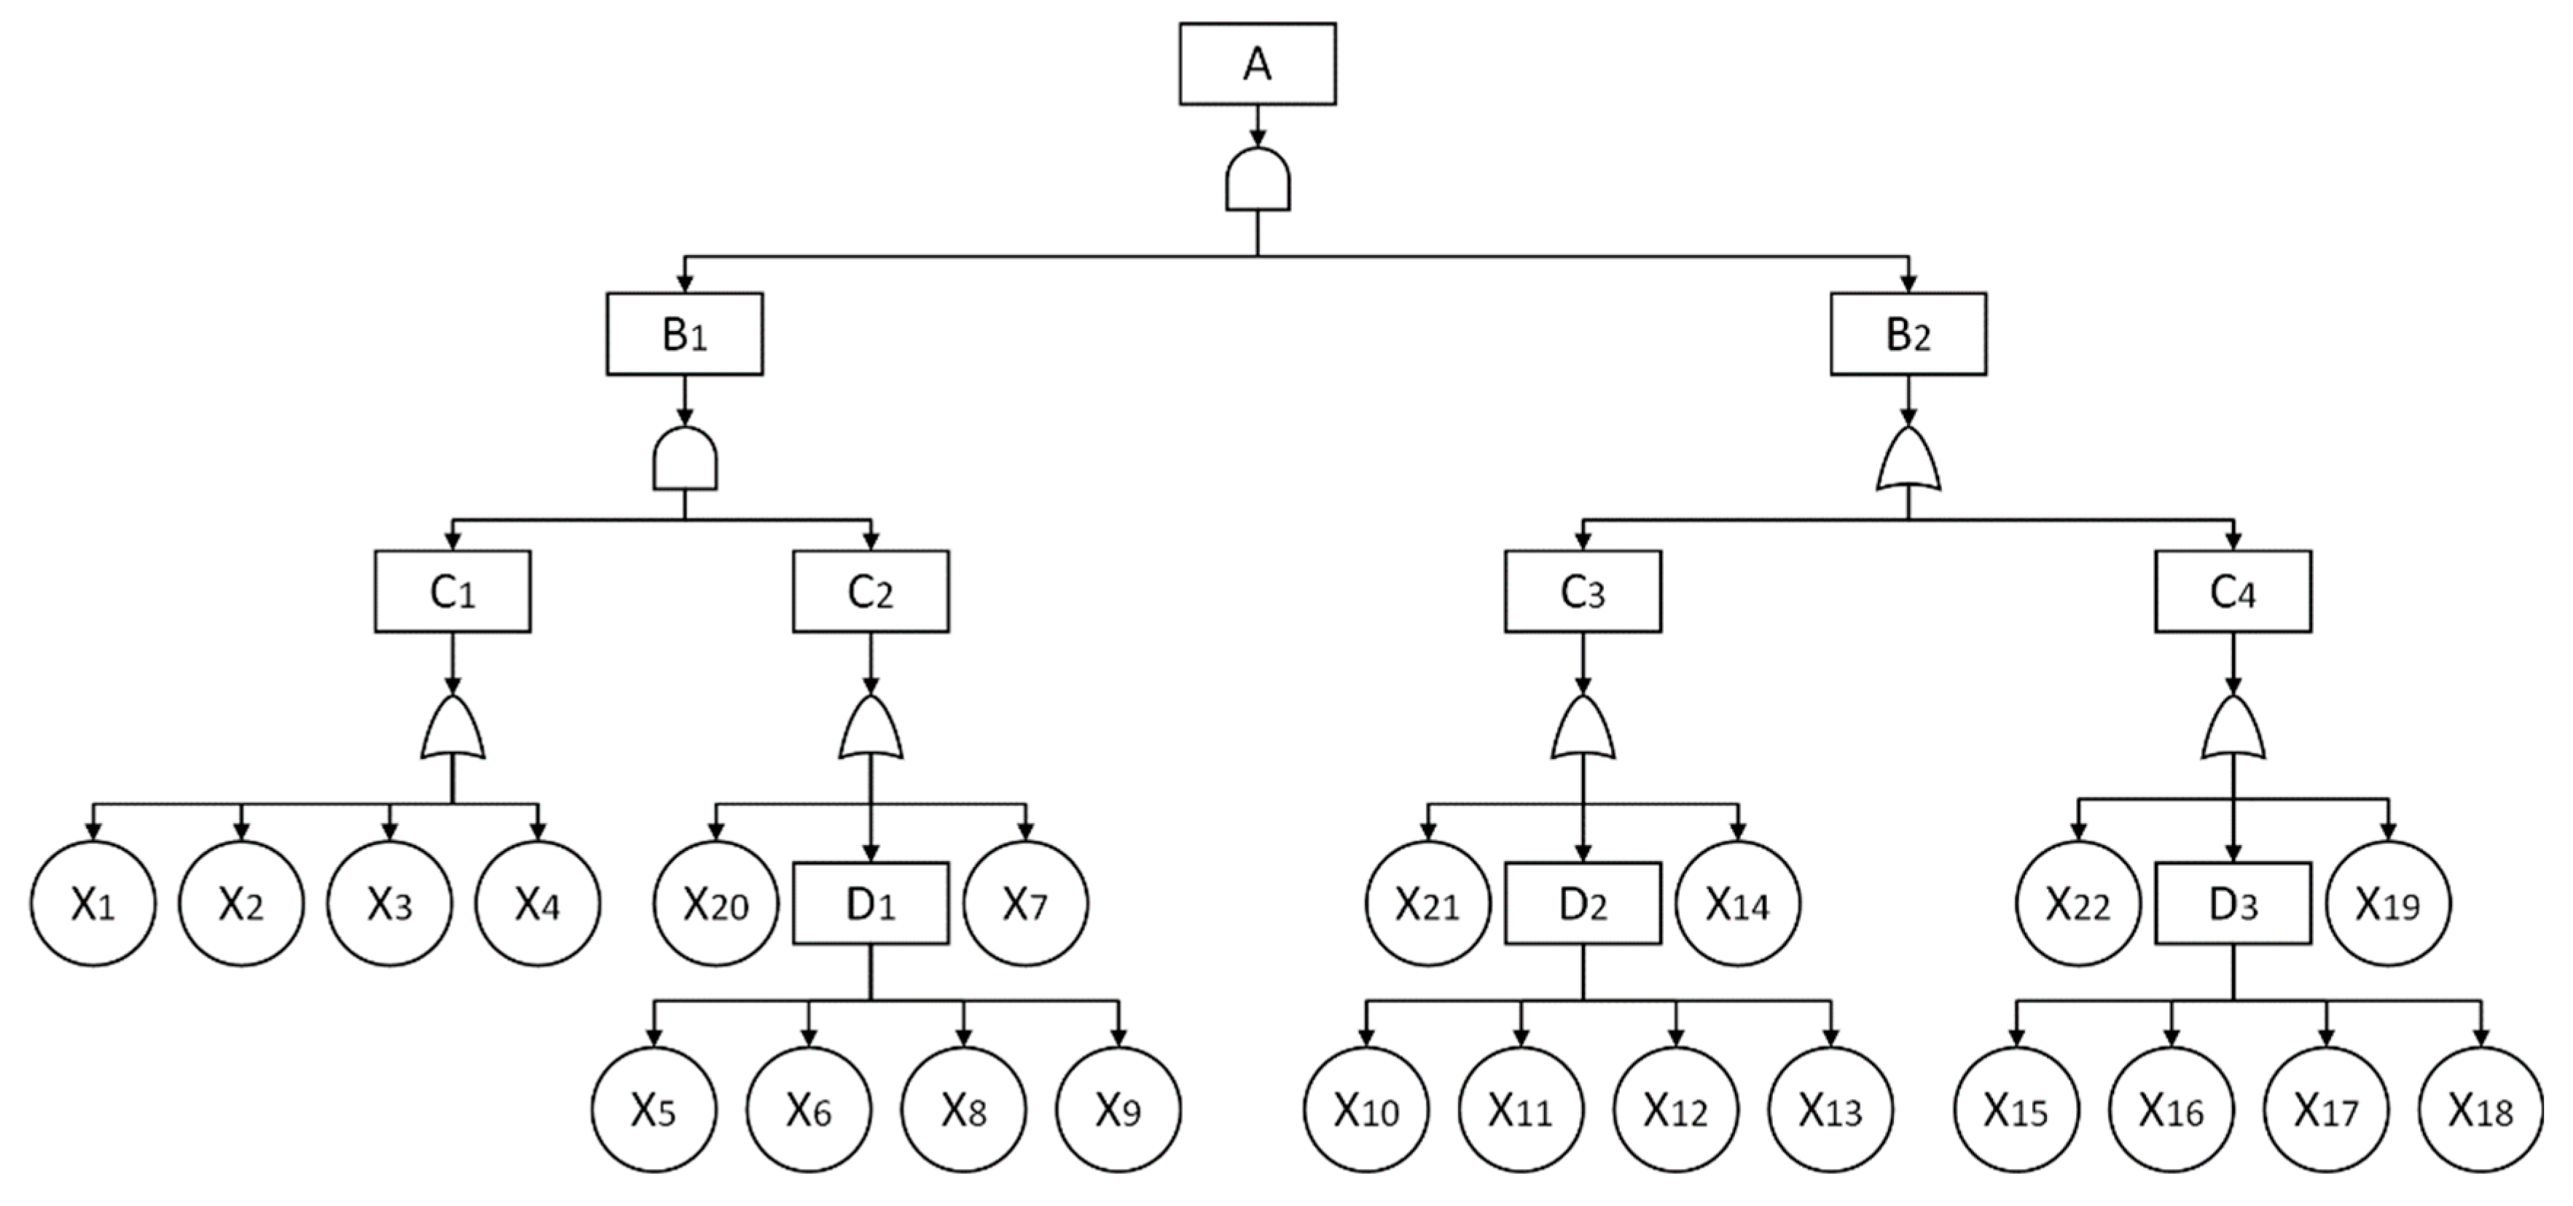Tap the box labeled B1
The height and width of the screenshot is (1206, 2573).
684,334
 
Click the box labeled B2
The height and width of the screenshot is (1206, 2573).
1908,334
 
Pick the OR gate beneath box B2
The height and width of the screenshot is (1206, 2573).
1908,461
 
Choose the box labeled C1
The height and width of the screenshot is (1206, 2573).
453,591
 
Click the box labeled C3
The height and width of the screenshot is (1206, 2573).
1582,591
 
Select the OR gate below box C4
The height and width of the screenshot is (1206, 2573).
2233,728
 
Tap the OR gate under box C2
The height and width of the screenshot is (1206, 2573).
871,728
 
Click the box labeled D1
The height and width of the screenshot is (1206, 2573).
871,904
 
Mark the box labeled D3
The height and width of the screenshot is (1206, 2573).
2233,904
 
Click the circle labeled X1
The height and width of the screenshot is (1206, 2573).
93,904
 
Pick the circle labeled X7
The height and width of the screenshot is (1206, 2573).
1026,904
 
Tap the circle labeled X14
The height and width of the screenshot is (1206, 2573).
1737,904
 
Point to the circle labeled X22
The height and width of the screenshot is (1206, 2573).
2077,904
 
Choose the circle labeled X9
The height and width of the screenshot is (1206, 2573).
1118,1109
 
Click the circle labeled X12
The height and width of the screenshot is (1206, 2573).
1675,1109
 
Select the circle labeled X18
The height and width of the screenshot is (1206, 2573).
2480,1109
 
